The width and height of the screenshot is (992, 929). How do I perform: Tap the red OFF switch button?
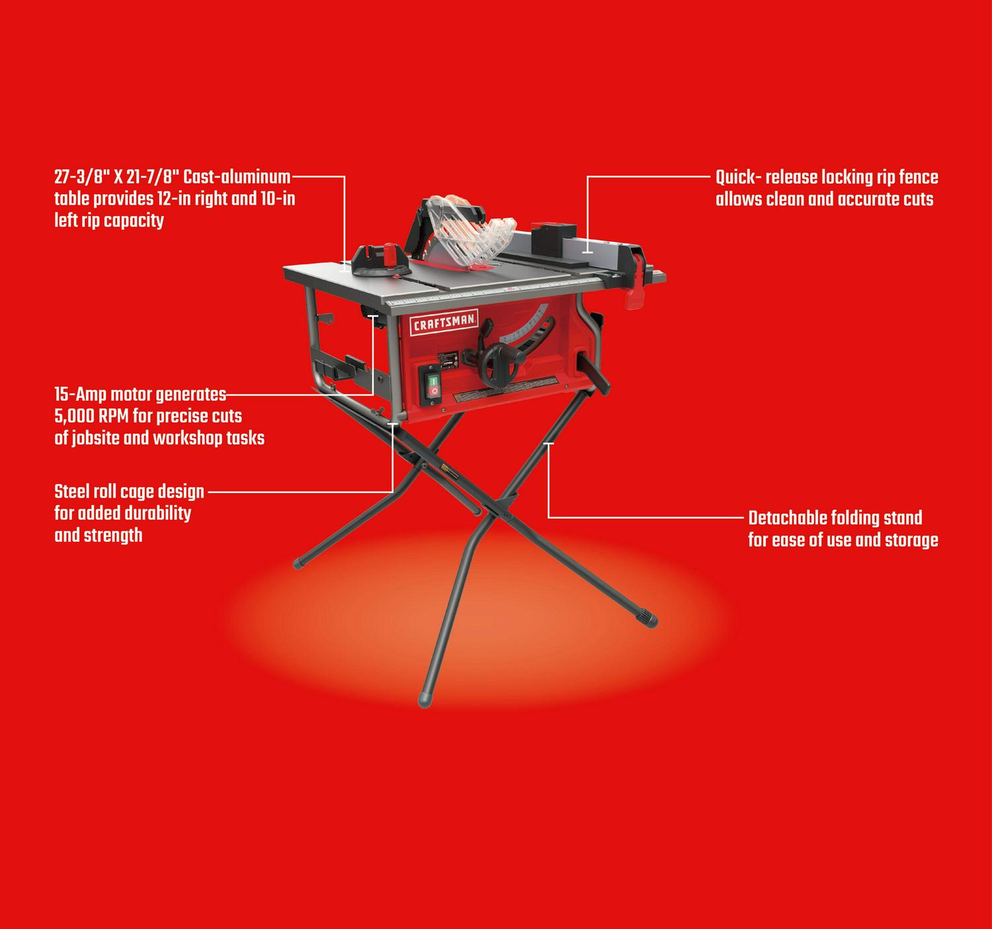tap(434, 392)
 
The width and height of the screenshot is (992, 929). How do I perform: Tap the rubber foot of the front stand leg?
tap(425, 700)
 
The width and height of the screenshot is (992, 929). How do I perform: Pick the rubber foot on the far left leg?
tap(300, 563)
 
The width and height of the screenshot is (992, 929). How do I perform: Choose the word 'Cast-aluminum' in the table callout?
tap(236, 177)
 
